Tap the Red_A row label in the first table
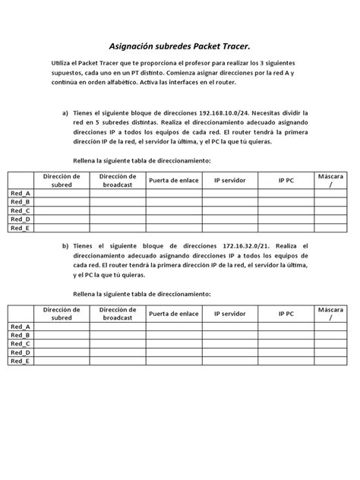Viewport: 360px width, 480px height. tap(21, 194)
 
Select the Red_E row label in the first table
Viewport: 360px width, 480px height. tap(21, 227)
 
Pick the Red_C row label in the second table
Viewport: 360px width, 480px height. tap(21, 344)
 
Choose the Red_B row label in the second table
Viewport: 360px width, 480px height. tap(21, 335)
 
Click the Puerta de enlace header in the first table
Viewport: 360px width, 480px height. tap(174, 180)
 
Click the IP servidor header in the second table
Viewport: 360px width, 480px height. tap(229, 314)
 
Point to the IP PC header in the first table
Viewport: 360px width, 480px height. tap(286, 180)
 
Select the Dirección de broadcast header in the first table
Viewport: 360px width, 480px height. tap(118, 180)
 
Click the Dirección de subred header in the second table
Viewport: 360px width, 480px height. tap(62, 314)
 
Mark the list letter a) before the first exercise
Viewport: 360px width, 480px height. tap(65, 113)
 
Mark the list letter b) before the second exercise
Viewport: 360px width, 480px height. tap(65, 247)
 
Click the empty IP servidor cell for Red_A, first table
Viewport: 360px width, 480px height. tap(229, 194)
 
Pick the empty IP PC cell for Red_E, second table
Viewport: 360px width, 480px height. tap(286, 361)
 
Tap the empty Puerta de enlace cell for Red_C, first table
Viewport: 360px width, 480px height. tap(174, 210)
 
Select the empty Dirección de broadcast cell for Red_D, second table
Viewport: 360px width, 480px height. tap(118, 352)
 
